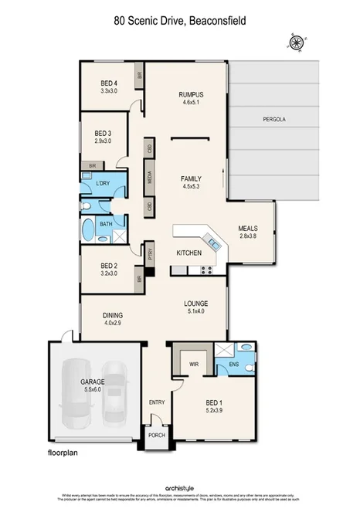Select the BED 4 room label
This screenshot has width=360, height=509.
pos(109,83)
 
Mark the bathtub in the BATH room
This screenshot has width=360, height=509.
pos(89,230)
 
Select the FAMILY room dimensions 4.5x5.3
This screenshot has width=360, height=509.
pos(190,185)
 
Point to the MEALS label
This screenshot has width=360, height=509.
pos(247,229)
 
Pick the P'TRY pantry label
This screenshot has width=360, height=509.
pos(150,251)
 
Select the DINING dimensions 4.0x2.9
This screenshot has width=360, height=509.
pos(113,324)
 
